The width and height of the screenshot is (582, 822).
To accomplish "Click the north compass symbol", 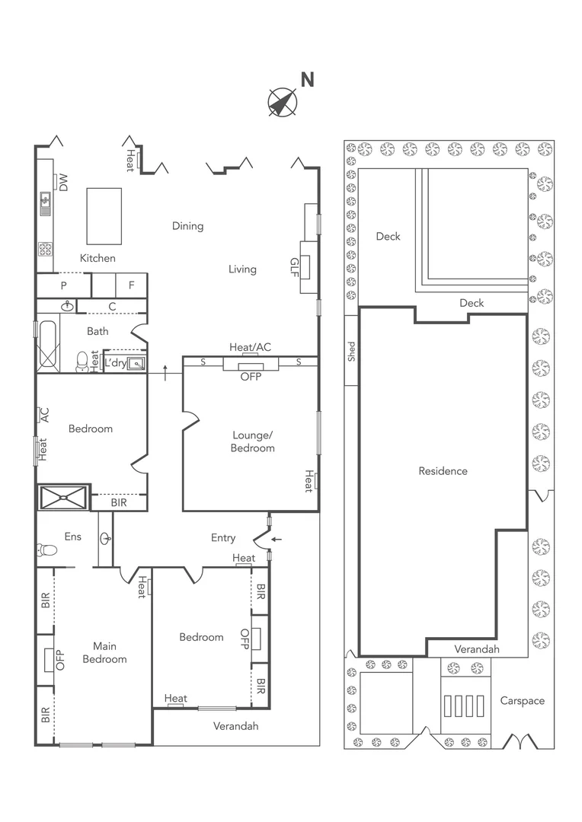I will (283, 102).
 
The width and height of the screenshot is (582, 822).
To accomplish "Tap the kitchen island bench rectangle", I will (104, 216).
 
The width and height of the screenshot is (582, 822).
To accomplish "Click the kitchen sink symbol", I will (45, 201).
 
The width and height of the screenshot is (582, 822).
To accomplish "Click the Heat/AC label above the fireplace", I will (250, 347).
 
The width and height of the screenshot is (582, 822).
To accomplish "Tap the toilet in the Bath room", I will (82, 362).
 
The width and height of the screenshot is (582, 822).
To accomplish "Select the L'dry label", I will (114, 363).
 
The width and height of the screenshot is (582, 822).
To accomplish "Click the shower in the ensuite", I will (64, 497).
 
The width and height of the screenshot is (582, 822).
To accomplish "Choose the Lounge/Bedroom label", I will (252, 441).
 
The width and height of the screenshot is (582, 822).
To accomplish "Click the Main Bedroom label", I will (104, 653).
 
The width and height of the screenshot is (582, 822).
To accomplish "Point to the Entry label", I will (223, 538).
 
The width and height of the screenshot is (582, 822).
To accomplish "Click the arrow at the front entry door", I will (277, 540).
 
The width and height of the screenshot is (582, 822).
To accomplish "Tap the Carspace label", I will (522, 700).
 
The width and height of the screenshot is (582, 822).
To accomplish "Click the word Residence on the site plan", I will (443, 471).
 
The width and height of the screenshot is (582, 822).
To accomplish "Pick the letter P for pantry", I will (64, 285).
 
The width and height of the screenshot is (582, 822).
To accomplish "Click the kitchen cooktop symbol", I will (45, 249).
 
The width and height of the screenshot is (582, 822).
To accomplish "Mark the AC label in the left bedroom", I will (44, 415).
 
